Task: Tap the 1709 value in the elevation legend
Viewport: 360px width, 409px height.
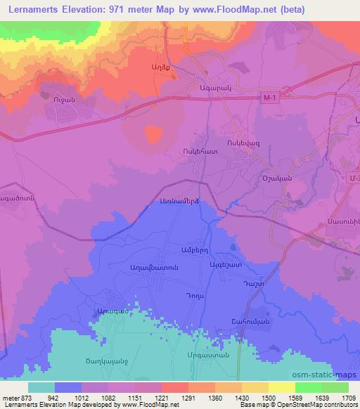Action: (347, 397)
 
